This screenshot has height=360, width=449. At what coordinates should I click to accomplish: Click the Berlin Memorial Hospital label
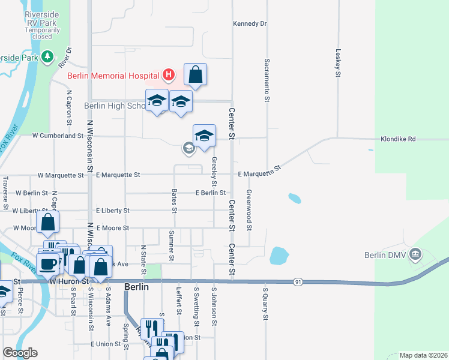[113, 76]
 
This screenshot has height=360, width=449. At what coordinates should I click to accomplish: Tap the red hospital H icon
[169, 75]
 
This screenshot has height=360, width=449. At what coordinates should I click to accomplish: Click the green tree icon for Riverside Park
[47, 57]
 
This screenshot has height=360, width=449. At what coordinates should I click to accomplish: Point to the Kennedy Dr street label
[249, 24]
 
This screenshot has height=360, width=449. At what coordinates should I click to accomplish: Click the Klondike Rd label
[398, 139]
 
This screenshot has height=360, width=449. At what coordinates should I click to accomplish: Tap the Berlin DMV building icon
[415, 255]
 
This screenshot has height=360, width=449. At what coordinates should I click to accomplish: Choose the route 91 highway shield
[297, 281]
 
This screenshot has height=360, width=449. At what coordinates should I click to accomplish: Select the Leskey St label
[338, 64]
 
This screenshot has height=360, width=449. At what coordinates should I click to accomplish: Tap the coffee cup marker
[47, 262]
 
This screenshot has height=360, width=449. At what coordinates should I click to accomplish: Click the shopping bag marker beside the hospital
[195, 75]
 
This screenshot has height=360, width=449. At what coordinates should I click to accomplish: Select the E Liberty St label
[113, 211]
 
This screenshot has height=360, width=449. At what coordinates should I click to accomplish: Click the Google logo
[20, 353]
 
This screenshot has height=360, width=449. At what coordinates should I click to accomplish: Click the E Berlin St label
[210, 193]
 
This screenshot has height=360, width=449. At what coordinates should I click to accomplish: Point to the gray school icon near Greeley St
[189, 148]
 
